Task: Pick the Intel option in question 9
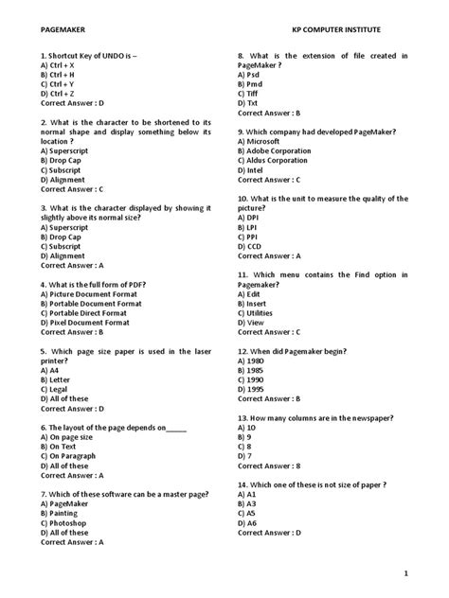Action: coord(255,169)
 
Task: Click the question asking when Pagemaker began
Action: coord(302,351)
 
